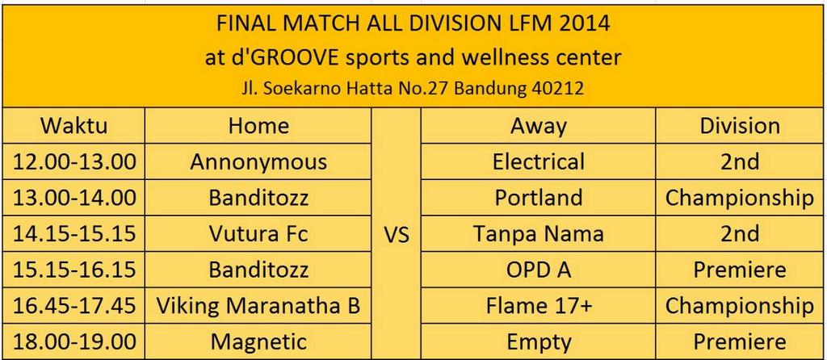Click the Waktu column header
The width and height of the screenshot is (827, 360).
[73, 126]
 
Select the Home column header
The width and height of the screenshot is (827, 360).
[258, 126]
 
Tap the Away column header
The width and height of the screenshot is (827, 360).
[539, 126]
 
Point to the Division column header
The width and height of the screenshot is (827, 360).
[740, 126]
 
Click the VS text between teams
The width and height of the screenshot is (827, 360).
[396, 234]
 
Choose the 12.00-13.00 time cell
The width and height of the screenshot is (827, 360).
[73, 161]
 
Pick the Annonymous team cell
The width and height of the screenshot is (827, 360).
[258, 161]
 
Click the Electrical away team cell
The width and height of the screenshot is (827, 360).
[539, 161]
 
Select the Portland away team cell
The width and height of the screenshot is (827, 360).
[539, 198]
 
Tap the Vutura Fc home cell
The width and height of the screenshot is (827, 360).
[258, 234]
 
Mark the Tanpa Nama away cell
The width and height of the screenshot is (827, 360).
[539, 234]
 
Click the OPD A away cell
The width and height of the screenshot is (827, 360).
[539, 270]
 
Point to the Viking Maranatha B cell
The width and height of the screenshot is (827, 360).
[258, 306]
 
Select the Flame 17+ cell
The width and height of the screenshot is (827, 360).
[539, 306]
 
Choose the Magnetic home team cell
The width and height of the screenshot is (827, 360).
[258, 341]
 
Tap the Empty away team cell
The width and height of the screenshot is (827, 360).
[539, 341]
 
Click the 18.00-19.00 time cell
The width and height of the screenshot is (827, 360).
[73, 341]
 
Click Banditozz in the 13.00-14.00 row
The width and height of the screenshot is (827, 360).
[258, 198]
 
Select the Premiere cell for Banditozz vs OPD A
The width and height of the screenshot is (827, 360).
[740, 270]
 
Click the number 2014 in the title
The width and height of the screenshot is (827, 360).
[581, 24]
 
